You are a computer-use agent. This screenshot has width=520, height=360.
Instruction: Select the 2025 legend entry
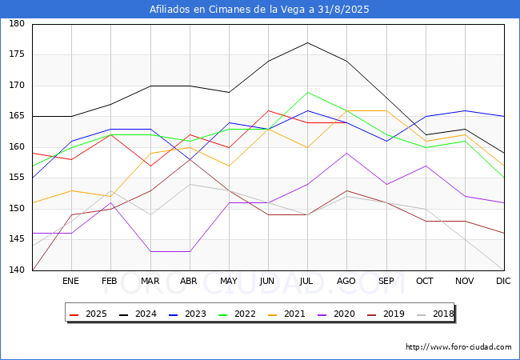tap(88, 314)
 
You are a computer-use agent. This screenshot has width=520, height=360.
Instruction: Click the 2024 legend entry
tap(138, 314)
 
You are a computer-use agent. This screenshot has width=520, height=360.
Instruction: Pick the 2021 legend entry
tap(286, 314)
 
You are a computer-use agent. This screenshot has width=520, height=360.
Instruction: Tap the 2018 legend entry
tap(435, 314)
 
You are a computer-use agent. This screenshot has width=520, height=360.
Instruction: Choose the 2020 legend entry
tap(336, 314)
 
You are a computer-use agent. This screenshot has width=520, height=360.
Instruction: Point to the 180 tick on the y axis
tap(17, 23)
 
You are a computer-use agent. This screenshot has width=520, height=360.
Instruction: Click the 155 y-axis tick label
tap(17, 178)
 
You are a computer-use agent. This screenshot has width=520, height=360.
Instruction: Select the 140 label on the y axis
tap(17, 270)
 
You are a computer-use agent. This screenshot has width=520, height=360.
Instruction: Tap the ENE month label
tap(70, 281)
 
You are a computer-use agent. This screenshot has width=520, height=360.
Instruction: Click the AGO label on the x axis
tap(346, 281)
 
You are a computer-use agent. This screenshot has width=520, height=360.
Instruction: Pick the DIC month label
tap(503, 281)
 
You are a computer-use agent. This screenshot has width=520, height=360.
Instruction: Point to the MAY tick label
tap(229, 281)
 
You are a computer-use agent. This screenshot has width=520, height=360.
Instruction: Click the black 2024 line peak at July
tap(308, 42)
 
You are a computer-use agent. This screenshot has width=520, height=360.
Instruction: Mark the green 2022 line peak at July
tap(308, 92)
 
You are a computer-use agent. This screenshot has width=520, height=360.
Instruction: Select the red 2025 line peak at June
tap(268, 110)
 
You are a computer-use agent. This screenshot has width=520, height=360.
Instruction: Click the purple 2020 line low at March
tap(151, 252)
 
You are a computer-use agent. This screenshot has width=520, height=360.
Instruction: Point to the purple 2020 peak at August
tap(347, 153)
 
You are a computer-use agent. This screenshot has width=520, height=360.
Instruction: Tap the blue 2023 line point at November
tap(466, 110)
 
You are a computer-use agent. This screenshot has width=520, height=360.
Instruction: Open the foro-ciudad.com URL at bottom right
tap(458, 347)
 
